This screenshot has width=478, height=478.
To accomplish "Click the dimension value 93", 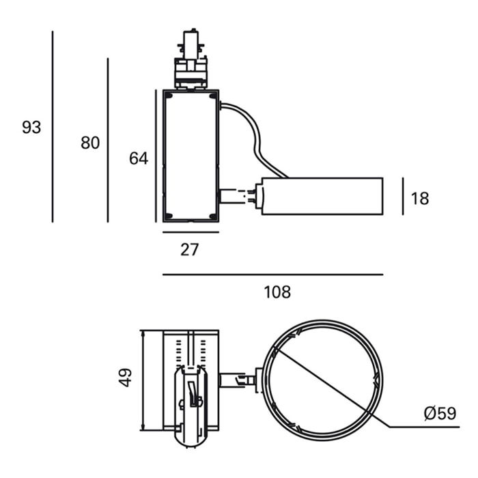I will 31,127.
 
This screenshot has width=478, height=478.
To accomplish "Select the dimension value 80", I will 90,143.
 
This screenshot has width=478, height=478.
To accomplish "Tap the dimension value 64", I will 139,158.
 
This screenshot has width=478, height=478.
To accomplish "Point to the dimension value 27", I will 189,250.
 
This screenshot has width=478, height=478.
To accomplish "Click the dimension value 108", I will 277,292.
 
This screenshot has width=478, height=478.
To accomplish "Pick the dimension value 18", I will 421,199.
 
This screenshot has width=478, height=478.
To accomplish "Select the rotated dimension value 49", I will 126,377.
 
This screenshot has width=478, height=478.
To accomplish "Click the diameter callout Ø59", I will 439,413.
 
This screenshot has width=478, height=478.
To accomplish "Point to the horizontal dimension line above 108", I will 273,275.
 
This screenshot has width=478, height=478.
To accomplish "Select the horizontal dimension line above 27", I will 191,232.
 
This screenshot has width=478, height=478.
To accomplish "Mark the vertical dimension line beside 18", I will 403,196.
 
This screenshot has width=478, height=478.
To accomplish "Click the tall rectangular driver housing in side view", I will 191,156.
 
